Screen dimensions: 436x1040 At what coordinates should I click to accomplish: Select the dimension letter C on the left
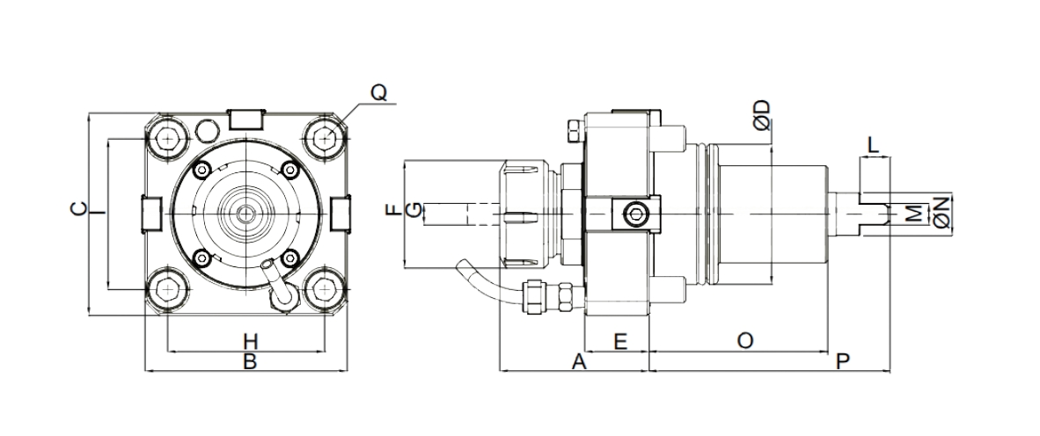(x=77, y=209)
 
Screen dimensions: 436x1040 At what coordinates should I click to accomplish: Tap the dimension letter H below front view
(x=249, y=340)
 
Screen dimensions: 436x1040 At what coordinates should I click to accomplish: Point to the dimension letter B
(x=249, y=361)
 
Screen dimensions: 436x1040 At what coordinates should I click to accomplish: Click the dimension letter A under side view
(x=578, y=361)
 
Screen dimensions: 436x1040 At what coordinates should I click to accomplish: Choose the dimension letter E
(x=619, y=340)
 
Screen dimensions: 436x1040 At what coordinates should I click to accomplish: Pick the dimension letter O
(x=744, y=340)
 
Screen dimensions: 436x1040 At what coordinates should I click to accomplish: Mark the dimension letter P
(x=843, y=361)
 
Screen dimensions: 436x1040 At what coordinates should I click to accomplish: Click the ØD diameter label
(x=762, y=114)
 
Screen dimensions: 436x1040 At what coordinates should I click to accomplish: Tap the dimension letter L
(x=874, y=145)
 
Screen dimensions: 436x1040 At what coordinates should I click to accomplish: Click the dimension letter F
(x=392, y=210)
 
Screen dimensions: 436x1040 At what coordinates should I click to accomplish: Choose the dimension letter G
(x=410, y=210)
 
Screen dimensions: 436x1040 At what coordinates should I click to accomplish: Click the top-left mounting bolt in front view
(x=166, y=137)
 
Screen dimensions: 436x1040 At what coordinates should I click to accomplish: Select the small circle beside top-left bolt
(x=206, y=130)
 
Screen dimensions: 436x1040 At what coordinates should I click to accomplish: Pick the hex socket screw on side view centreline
(x=633, y=214)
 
